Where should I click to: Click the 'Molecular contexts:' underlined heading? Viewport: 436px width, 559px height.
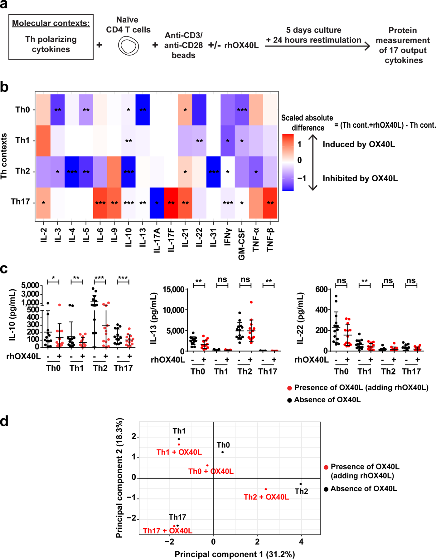click(x=51, y=23)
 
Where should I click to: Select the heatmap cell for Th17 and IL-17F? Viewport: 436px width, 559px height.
click(x=171, y=203)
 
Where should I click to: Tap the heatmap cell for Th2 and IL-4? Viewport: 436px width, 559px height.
click(x=72, y=172)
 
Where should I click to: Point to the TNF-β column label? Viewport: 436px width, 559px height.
click(x=270, y=239)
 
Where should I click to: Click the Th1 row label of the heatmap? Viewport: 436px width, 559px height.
click(x=23, y=140)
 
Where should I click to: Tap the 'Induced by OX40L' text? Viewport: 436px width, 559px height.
click(x=359, y=145)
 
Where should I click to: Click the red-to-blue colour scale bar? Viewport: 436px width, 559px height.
click(x=288, y=162)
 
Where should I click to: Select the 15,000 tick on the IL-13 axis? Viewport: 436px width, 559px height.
click(x=173, y=289)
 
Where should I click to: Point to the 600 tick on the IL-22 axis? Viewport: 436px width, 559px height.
click(x=321, y=289)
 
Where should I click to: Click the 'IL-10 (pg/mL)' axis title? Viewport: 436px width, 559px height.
click(x=12, y=315)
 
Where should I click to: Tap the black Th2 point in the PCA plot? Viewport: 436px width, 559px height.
click(x=301, y=484)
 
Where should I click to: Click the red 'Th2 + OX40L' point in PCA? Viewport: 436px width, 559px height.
click(x=266, y=489)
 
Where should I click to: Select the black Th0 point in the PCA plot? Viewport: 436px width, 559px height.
click(x=222, y=452)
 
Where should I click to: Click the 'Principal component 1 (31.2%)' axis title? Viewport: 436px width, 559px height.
click(x=235, y=554)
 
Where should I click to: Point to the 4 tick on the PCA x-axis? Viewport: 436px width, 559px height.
click(x=301, y=542)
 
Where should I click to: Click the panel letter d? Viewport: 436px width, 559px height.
click(x=4, y=421)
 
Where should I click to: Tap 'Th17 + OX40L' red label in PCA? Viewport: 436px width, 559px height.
click(x=167, y=531)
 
